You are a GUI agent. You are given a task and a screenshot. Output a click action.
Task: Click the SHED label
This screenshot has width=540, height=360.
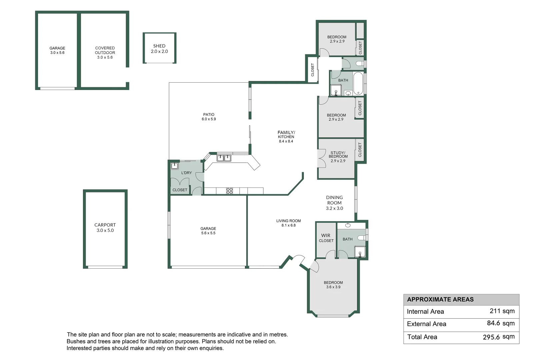coord(159,46)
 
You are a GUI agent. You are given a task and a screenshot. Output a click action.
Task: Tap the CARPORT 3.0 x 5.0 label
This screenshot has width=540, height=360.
coord(105,228)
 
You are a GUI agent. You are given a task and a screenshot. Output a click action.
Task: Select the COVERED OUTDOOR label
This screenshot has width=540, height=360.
coord(105,50)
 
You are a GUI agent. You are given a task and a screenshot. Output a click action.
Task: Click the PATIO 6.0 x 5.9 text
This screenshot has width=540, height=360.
coord(209,117)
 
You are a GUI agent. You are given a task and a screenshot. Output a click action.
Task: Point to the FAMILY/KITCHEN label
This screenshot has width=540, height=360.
coord(286,135)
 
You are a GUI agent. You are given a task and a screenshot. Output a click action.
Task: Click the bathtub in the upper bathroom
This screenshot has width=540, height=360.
coord(358,83)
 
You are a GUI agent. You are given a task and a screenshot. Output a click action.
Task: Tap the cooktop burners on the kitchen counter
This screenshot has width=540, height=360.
coord(229,191)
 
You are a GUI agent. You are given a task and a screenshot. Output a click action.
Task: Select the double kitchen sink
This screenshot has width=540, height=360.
coord(224,158)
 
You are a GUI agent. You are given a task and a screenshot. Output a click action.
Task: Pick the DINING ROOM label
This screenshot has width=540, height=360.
coord(334,200)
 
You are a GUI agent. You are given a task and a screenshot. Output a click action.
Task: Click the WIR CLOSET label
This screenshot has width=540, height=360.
coord(326,238)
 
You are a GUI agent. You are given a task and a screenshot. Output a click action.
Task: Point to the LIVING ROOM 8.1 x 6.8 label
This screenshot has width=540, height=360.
coord(288,223)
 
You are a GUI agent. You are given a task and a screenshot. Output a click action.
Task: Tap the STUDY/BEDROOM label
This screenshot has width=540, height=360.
coord(338,155)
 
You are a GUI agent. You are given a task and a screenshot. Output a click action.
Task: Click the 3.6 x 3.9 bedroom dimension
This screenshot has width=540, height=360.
coord(333,287)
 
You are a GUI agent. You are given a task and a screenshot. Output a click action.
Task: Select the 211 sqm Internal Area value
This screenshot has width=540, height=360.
coord(502,311)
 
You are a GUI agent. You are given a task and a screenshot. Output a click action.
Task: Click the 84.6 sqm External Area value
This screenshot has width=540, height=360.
coord(500,323)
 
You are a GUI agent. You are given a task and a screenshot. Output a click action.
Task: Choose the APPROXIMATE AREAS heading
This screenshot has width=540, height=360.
coord(440,299)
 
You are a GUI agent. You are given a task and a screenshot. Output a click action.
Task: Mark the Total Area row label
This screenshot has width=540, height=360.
coord(422,337)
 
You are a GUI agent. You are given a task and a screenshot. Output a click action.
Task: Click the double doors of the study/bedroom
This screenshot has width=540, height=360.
coord(322,158)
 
